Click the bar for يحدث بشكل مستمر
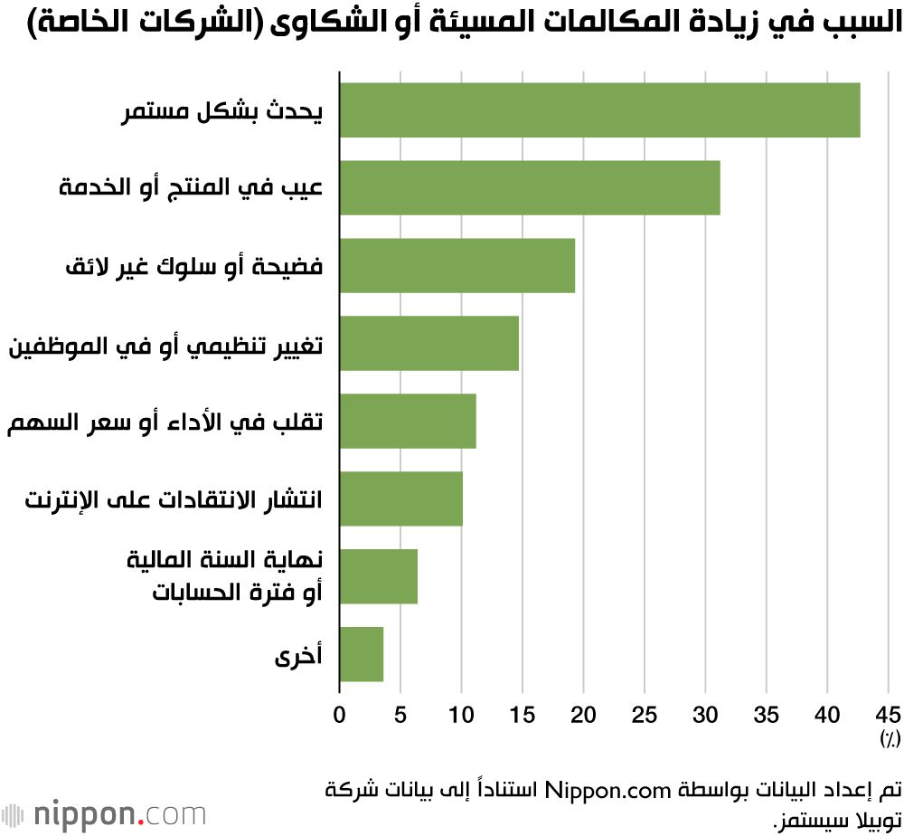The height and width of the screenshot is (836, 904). pos(599,109)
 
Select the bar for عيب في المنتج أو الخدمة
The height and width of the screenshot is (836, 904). pos(529,187)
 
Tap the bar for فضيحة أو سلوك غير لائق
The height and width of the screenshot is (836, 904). pos(457,265)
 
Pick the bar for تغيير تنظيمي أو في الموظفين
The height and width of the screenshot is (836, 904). pos(428,343)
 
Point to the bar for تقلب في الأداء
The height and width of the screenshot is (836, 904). pos(407,421)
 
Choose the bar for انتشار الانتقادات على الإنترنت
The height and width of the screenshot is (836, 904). pos(400,499)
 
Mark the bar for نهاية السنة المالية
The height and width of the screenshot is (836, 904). pos(378,576)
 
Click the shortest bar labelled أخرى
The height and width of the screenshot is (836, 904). pos(361,654)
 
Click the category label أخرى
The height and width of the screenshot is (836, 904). pos(300,655)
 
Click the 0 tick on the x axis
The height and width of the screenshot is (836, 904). pos(339,715)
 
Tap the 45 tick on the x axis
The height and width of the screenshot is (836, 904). pos(888,715)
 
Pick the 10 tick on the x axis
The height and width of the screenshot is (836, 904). pos(461,715)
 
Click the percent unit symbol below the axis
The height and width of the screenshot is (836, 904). pos(890,739)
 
